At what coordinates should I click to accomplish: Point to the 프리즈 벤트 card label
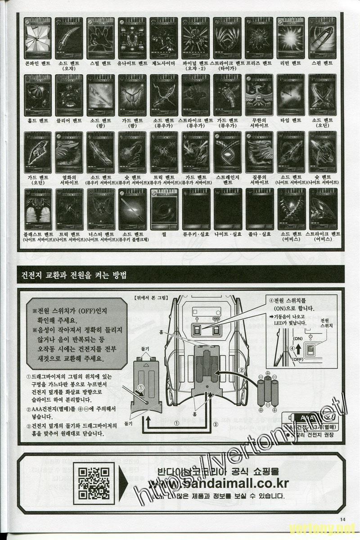[259, 63]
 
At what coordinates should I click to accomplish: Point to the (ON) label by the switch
[297, 338]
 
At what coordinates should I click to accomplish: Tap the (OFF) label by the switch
[297, 360]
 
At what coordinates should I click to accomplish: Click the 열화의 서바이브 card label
[69, 180]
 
